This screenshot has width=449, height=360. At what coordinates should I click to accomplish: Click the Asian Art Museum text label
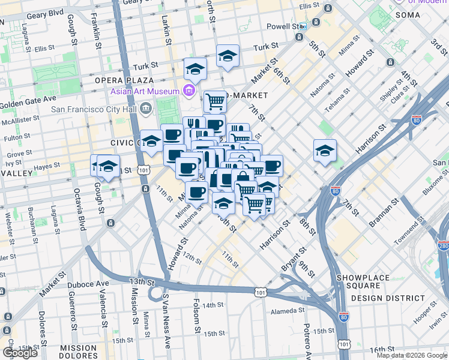(145, 91)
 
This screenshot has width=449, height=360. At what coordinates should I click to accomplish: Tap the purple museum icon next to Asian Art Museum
(188, 91)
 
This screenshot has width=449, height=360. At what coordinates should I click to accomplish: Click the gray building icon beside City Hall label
(145, 109)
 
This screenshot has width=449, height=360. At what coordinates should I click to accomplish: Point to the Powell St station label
(282, 26)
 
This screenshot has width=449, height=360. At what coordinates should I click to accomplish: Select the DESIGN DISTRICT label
(388, 298)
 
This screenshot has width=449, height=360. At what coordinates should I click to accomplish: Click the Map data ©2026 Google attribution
(412, 355)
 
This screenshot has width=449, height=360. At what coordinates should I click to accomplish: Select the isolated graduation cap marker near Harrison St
(325, 151)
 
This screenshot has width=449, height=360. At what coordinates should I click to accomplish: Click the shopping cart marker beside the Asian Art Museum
(214, 101)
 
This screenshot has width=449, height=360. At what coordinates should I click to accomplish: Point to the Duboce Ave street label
(91, 283)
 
